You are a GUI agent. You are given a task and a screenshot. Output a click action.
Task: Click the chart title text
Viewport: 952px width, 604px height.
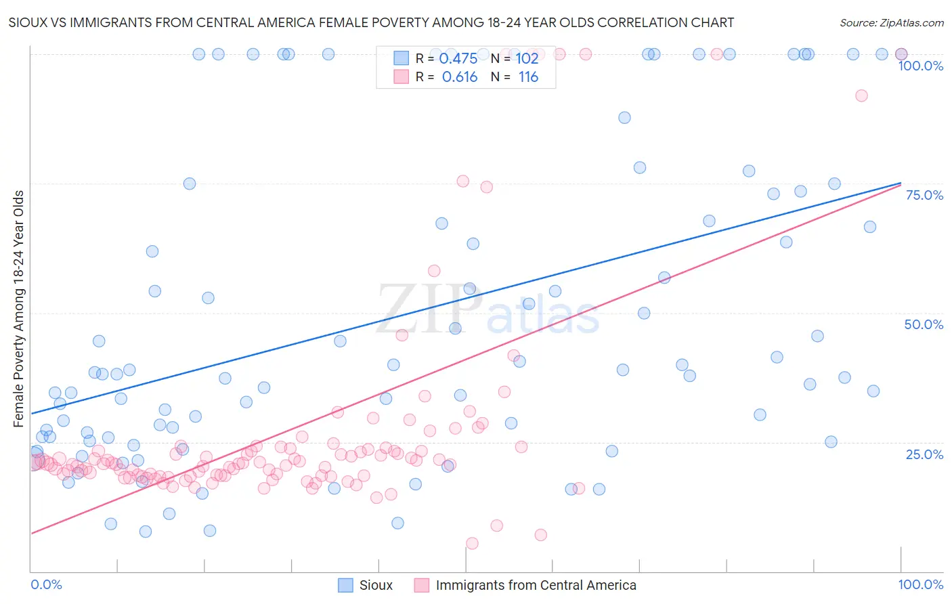(x=371, y=23)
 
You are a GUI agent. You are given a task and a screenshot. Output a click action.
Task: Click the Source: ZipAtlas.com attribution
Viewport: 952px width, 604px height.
(x=891, y=23)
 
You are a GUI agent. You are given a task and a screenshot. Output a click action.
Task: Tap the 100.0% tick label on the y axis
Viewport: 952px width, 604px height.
(x=920, y=66)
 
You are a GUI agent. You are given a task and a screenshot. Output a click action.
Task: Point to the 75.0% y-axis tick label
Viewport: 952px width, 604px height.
(x=924, y=195)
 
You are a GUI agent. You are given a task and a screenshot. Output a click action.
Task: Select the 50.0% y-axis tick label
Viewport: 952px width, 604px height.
(x=924, y=324)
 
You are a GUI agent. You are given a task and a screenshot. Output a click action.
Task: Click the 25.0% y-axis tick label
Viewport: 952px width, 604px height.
(x=924, y=454)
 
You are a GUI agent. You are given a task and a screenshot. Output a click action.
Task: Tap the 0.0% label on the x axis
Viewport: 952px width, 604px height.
(x=46, y=584)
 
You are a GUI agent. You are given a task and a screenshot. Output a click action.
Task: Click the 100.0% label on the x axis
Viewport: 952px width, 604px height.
(x=920, y=584)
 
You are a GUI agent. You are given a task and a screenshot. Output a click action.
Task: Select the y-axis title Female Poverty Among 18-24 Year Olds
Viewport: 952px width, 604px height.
(x=19, y=309)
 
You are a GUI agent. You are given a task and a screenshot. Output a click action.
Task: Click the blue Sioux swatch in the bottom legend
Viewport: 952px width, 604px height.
(x=345, y=585)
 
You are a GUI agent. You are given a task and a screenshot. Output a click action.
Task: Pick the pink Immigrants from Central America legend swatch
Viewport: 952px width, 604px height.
(x=422, y=585)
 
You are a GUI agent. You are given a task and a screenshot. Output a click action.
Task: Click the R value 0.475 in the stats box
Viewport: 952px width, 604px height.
(x=458, y=59)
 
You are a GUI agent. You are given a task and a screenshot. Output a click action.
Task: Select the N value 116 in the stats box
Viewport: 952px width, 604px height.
(x=528, y=77)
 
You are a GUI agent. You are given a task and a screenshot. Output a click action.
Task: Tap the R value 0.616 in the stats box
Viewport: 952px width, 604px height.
(x=460, y=77)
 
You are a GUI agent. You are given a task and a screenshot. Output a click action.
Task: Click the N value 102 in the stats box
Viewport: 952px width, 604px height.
(x=527, y=59)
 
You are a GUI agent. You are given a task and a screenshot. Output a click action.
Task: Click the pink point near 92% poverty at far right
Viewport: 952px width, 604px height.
(x=861, y=95)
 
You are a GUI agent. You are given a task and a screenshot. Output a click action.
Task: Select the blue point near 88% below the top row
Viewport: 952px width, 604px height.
(x=624, y=118)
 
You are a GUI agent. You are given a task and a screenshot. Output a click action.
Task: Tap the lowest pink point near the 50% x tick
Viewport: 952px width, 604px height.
(x=472, y=543)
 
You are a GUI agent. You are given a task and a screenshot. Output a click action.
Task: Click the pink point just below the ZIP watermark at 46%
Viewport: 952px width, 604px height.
(x=402, y=335)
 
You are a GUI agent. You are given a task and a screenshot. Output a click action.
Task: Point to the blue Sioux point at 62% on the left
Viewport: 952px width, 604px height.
(x=152, y=251)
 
